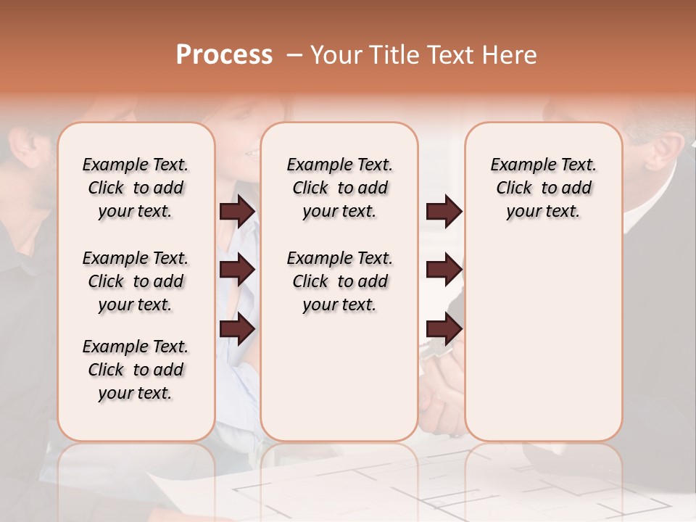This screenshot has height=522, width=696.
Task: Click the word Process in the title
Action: [224, 55]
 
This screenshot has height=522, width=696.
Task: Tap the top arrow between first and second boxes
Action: [237, 212]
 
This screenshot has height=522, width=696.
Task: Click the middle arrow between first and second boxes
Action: [237, 270]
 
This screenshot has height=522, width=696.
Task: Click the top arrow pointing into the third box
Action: [444, 212]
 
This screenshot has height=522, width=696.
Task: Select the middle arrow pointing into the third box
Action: [444, 270]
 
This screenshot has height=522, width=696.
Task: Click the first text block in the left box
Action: [136, 188]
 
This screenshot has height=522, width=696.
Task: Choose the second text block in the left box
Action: [136, 281]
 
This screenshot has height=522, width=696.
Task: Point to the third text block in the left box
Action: [136, 370]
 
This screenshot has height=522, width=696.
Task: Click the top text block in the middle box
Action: [339, 188]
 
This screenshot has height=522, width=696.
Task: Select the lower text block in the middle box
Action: [339, 281]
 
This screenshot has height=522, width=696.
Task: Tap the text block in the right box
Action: [543, 188]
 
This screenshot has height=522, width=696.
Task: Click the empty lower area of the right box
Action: [543, 341]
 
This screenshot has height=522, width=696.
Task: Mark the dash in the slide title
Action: [294, 56]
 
